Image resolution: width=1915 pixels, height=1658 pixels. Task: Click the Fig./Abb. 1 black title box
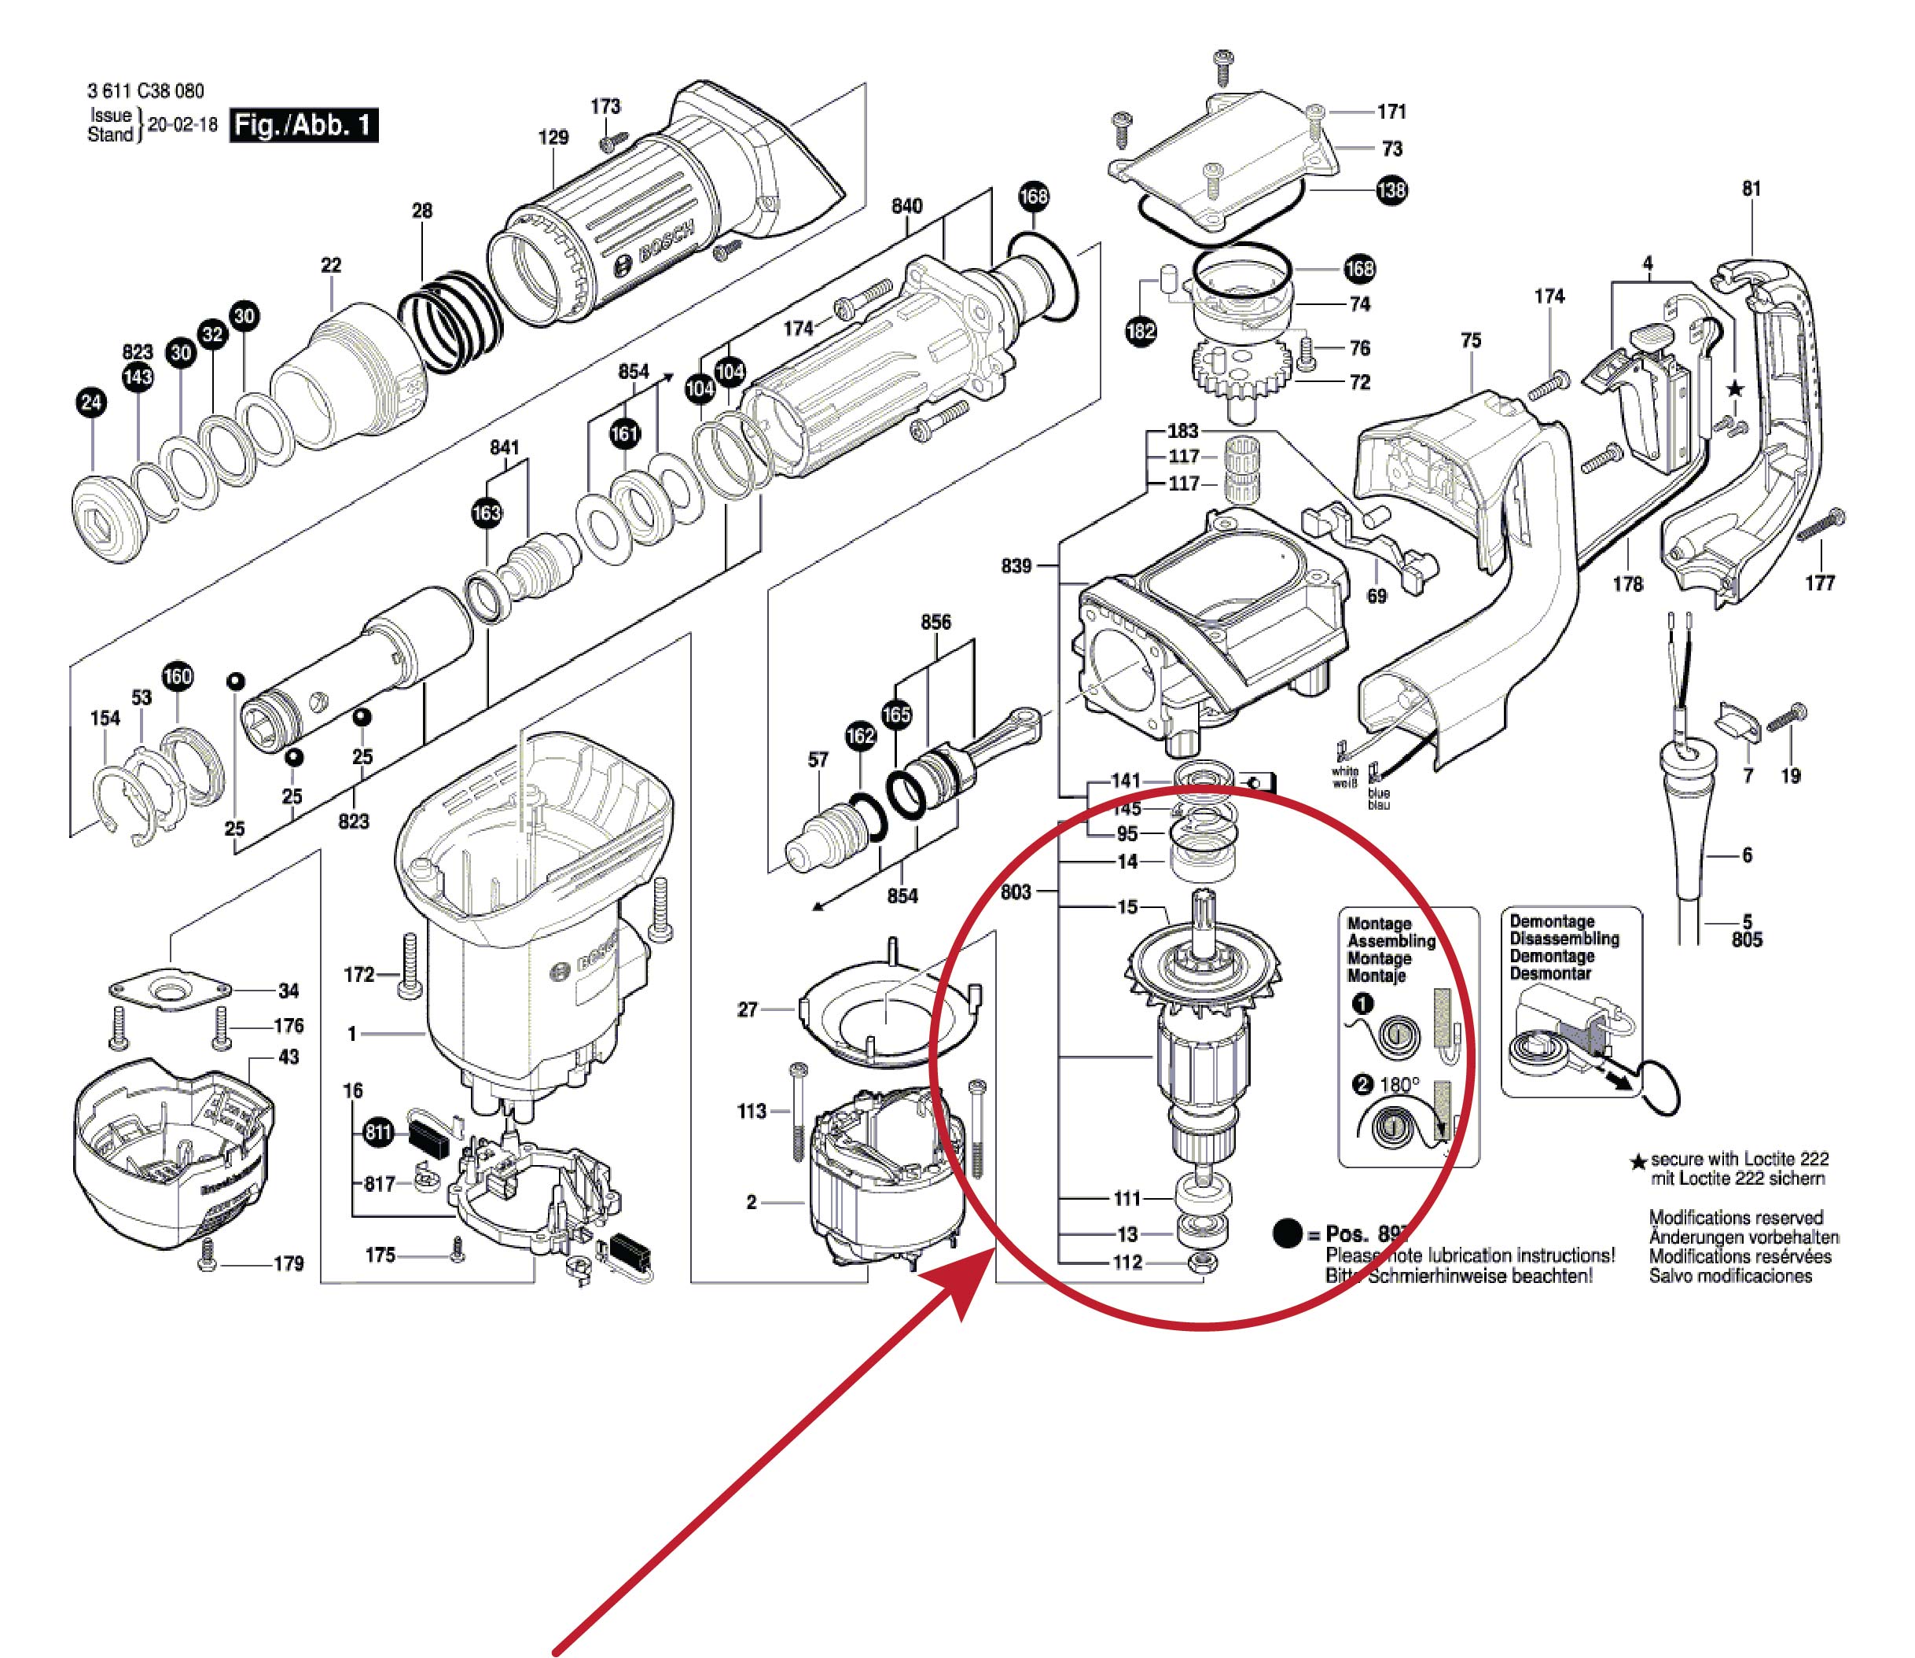[303, 125]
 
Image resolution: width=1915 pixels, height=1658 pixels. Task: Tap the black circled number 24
[92, 402]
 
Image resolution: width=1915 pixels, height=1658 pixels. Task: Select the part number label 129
[553, 137]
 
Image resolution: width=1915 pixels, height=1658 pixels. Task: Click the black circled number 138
[1391, 190]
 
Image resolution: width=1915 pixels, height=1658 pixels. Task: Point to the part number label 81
[1751, 189]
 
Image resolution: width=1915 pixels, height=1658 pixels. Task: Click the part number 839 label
[1016, 565]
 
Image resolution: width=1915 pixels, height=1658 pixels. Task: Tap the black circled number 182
[1141, 330]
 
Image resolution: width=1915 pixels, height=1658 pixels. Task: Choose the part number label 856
[935, 622]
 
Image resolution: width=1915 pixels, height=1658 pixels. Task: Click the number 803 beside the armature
[1016, 892]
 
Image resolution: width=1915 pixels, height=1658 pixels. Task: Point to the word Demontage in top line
[1552, 921]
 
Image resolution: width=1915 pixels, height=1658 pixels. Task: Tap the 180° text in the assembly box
[1399, 1084]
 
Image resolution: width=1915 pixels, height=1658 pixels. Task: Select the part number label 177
[1819, 583]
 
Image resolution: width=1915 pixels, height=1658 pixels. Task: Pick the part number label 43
[289, 1057]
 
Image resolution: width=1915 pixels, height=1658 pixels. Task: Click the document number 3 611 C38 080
[145, 90]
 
